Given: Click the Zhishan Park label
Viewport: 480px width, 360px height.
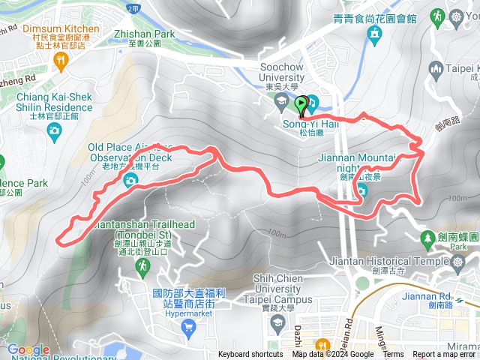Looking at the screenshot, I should (x=143, y=34).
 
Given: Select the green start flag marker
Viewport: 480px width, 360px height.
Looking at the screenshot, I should (x=301, y=103).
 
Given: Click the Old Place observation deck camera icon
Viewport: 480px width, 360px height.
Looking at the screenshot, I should (x=130, y=180).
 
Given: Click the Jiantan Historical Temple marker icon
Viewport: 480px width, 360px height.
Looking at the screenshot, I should (x=362, y=282).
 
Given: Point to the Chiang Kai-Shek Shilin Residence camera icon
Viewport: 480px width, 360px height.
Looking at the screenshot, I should (x=53, y=132).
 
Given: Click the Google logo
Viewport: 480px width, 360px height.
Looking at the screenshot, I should (x=28, y=349).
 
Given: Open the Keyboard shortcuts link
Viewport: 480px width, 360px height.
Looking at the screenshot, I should (x=250, y=355).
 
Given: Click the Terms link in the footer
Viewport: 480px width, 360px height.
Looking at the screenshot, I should (x=393, y=355).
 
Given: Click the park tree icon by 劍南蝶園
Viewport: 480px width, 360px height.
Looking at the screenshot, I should (x=428, y=237).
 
